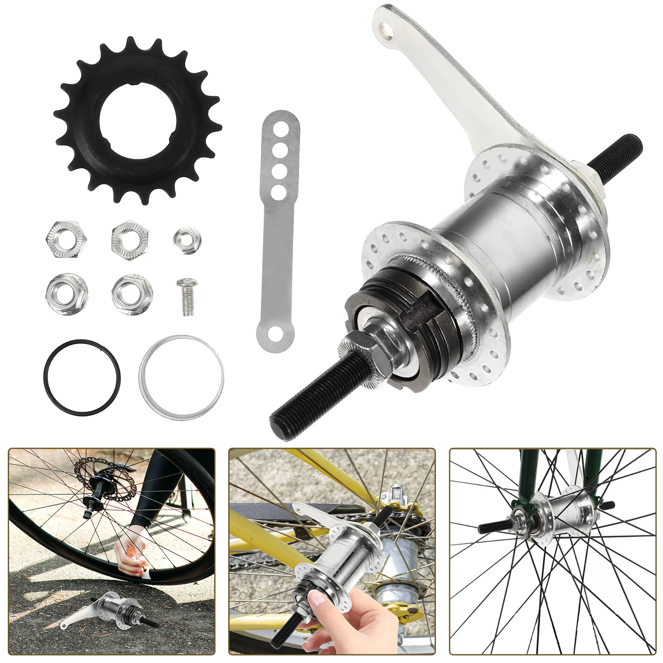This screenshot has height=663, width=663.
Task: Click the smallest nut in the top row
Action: click(x=187, y=239)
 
